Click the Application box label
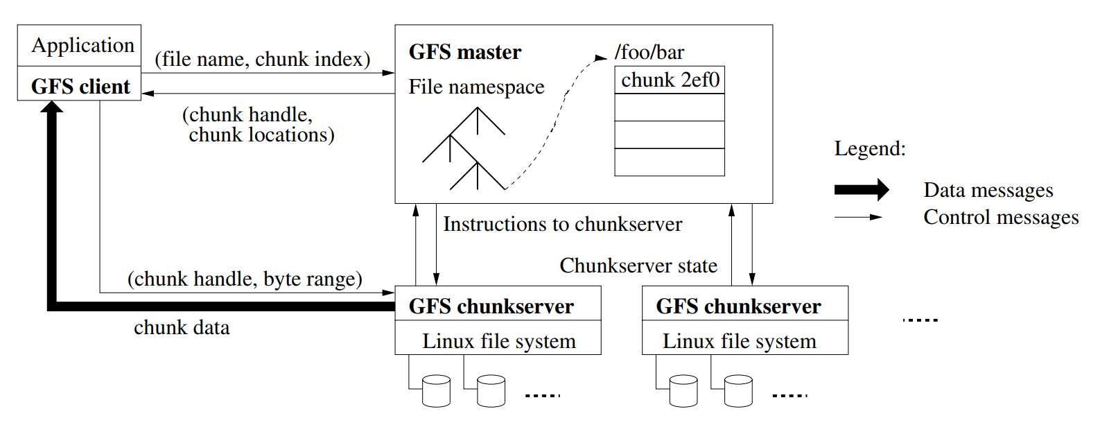[82, 46]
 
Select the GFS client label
[80, 87]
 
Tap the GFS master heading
[464, 52]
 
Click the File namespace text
[476, 87]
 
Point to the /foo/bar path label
[649, 52]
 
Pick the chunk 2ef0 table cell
[670, 80]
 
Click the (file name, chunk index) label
[262, 60]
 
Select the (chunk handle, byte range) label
[245, 279]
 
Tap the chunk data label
[182, 327]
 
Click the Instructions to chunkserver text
[562, 224]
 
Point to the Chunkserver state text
[638, 266]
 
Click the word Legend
[870, 148]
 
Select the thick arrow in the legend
[861, 189]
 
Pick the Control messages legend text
[1001, 217]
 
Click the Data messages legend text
[988, 190]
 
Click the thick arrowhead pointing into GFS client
[52, 107]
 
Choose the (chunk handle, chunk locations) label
[258, 125]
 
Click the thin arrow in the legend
[858, 217]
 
